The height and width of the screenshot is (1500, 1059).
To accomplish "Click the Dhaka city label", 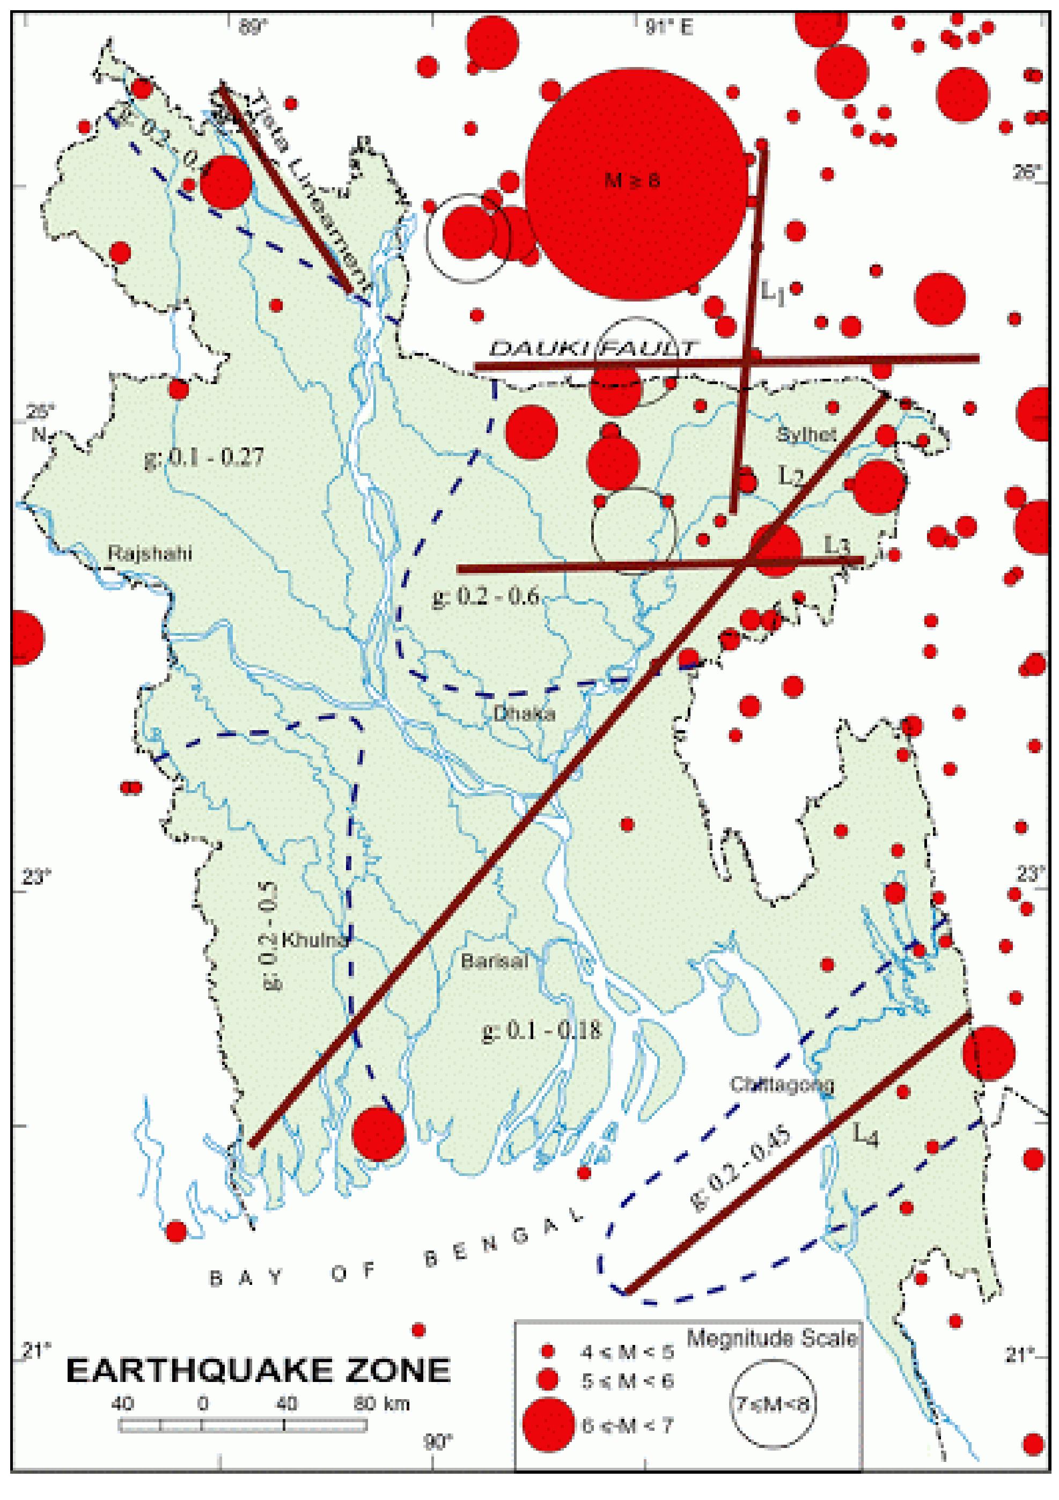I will tap(524, 713).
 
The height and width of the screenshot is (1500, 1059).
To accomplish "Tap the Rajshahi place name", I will tap(150, 553).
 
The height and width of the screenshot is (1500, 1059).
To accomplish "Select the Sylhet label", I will tap(806, 434).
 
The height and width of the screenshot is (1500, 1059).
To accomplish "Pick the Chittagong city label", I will tap(781, 1084).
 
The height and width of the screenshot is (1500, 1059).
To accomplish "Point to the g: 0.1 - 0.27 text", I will tap(204, 457).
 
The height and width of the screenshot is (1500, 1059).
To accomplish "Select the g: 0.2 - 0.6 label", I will tap(486, 596).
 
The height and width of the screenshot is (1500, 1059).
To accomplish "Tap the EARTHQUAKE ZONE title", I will tap(258, 1370).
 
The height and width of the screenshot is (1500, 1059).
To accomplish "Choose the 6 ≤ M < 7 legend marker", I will tap(548, 1424).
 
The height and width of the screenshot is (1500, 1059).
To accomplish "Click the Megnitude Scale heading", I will tap(771, 1338).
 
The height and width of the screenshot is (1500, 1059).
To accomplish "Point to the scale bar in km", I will tap(242, 1425).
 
